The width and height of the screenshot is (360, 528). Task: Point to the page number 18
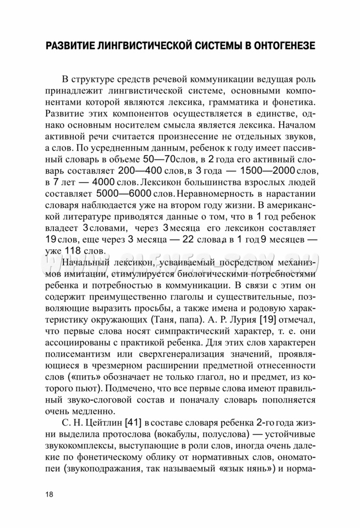50,493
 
